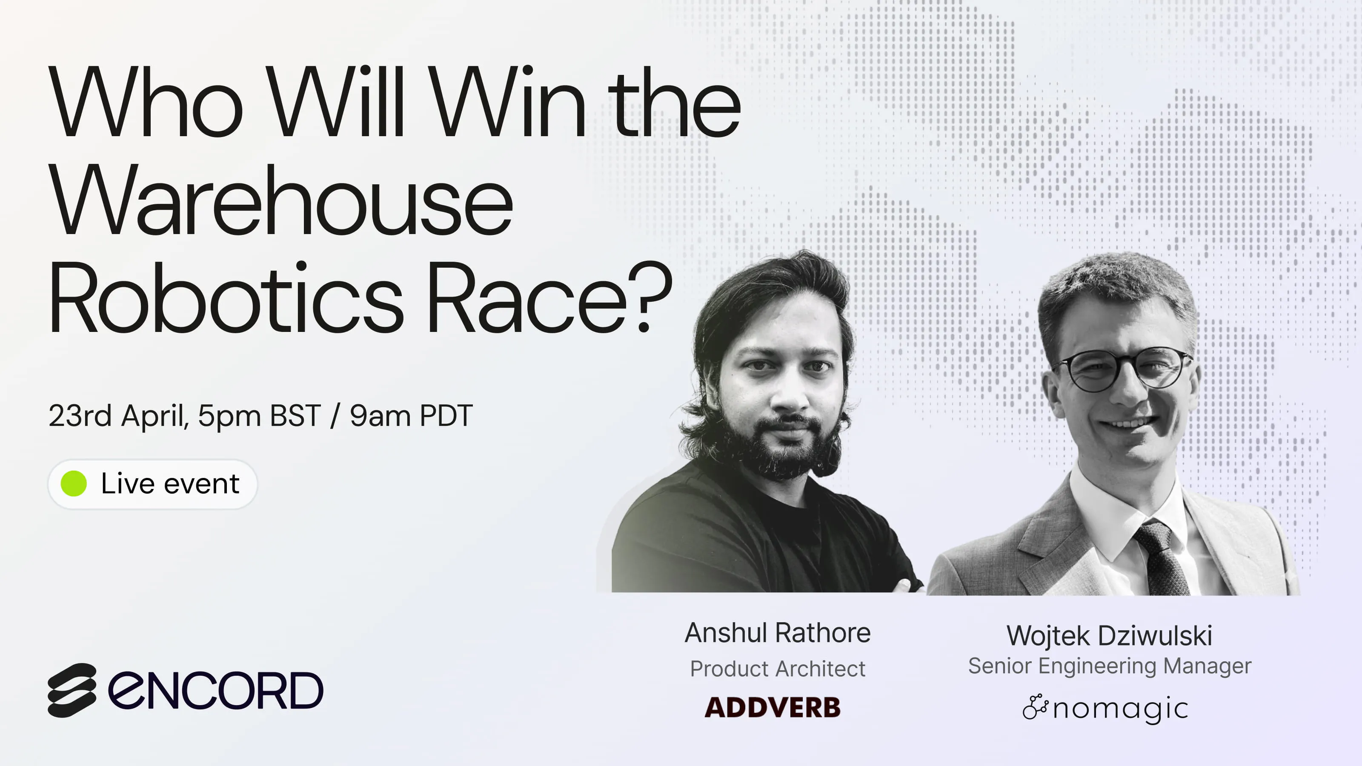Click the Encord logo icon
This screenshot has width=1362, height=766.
[72, 690]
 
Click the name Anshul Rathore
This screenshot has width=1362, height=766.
[777, 633]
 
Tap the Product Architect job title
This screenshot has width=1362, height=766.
[777, 669]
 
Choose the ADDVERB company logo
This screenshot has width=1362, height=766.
[773, 707]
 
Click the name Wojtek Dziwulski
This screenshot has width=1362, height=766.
[1109, 635]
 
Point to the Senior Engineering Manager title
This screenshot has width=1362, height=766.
[1109, 666]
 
